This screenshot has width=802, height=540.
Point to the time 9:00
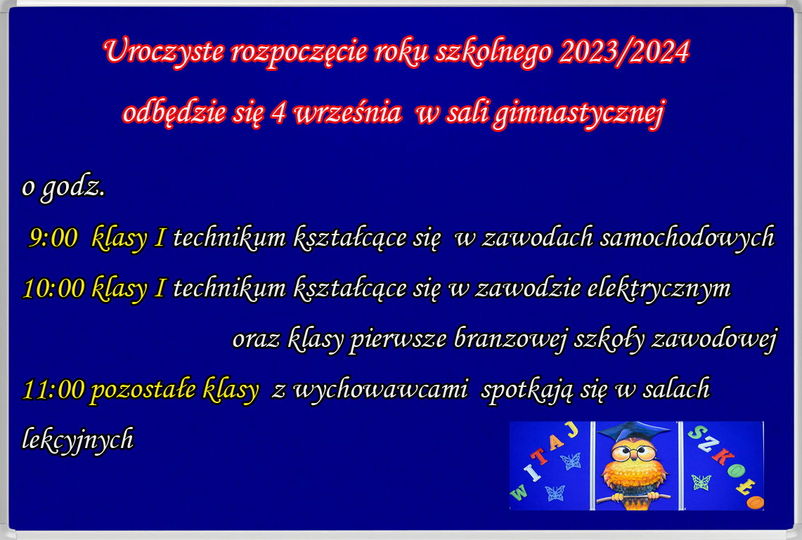point(53,238)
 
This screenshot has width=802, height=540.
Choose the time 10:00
point(53,288)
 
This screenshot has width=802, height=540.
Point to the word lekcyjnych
point(78,439)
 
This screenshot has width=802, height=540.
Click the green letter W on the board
point(518,492)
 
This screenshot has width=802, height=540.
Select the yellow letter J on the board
point(572,430)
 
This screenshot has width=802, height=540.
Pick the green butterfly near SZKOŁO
point(701,482)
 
